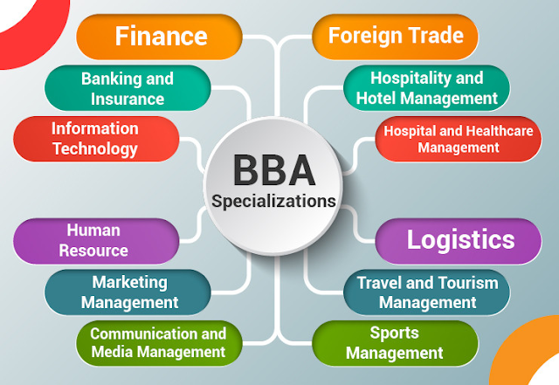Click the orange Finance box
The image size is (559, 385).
[161, 37]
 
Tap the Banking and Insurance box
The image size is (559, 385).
[128, 88]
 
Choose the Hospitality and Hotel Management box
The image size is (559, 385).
[426, 88]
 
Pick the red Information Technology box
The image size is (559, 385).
[95, 139]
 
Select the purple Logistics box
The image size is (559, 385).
[460, 240]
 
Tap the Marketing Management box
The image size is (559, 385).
[128, 292]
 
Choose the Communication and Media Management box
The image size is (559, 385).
[158, 343]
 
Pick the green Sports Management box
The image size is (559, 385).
[394, 343]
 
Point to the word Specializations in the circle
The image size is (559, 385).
[273, 201]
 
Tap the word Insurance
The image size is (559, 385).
[128, 99]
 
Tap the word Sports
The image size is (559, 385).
[394, 333]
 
